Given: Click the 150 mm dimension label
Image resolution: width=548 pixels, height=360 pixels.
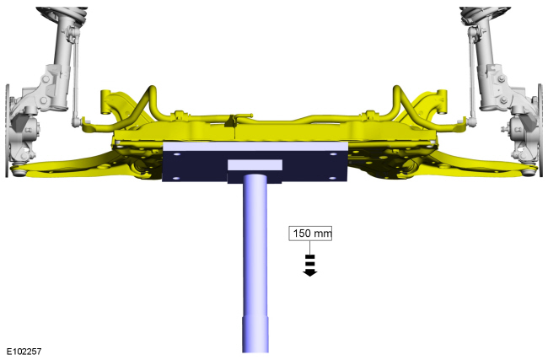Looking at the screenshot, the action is click(310, 234).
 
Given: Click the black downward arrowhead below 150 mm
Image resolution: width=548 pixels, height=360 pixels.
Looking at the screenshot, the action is click(310, 272).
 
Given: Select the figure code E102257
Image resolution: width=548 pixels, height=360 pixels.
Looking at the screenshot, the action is click(24, 352).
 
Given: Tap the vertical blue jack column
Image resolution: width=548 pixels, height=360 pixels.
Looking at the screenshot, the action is click(255, 263).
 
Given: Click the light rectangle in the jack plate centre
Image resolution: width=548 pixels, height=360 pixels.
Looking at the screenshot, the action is click(255, 165).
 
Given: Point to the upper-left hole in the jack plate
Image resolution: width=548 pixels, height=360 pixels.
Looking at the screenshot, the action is click(177, 154).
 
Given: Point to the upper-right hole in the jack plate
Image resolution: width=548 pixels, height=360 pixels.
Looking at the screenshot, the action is click(333, 153).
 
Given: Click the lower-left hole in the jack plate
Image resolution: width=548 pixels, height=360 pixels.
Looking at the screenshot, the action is click(176, 178).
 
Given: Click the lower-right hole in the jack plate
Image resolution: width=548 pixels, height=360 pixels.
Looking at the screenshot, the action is click(333, 178).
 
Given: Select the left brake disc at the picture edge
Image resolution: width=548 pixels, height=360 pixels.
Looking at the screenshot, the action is click(8, 131).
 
